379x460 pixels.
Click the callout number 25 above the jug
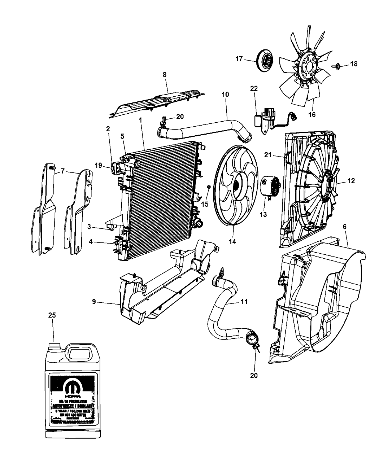pos(52,315)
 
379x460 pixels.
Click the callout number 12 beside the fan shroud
pos(351,181)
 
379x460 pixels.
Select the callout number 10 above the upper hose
pos(225,94)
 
